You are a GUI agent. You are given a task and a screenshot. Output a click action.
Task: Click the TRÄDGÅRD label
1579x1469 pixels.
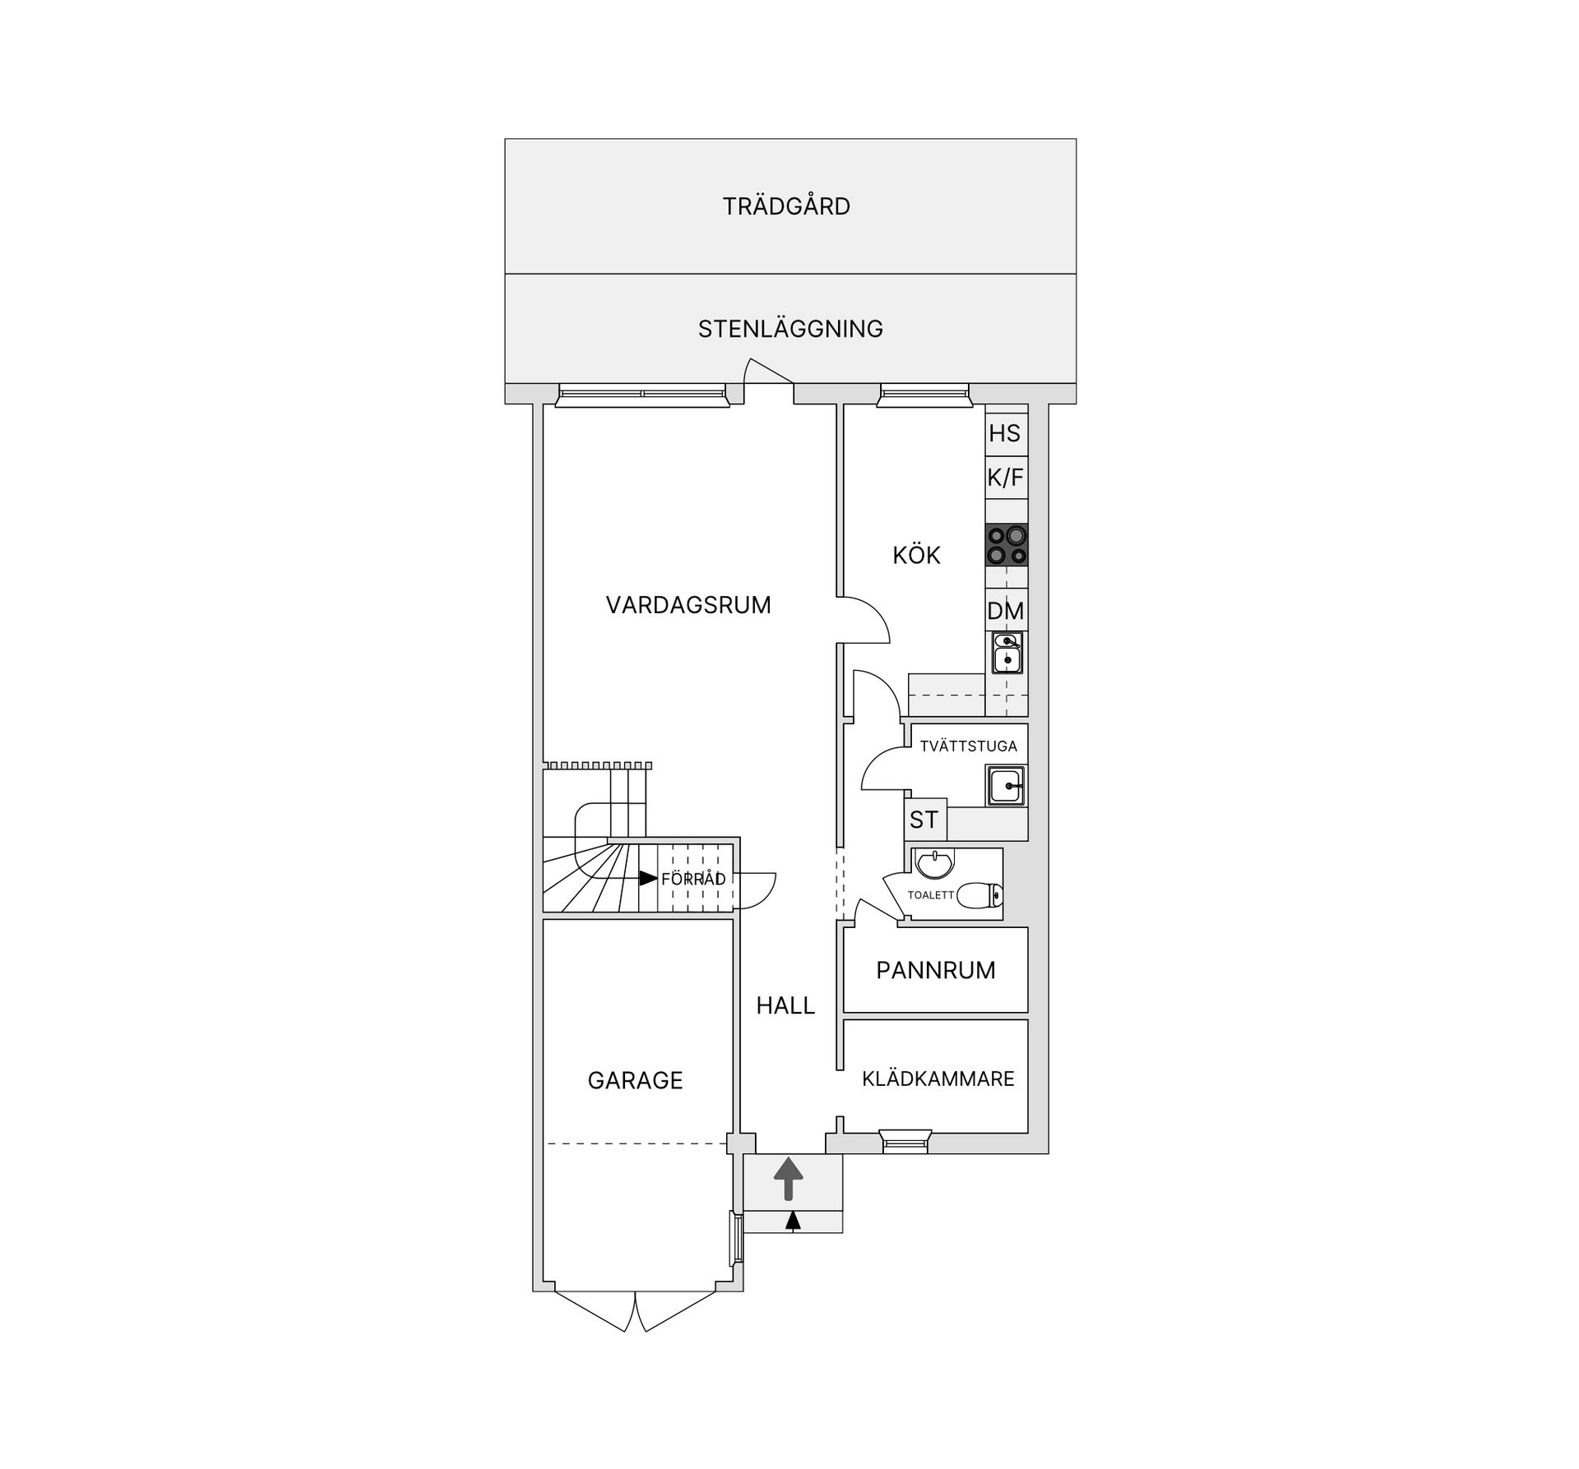tap(786, 206)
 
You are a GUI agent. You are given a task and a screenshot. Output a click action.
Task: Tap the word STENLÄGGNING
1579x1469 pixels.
tap(790, 329)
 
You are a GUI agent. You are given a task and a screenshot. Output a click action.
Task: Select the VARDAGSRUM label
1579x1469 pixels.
tap(688, 605)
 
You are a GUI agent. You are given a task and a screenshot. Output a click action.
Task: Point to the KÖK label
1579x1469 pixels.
tap(916, 555)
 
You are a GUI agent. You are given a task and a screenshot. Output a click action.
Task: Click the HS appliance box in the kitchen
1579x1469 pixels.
tap(1006, 434)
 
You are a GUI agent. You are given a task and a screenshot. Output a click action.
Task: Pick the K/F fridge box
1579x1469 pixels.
tap(1006, 478)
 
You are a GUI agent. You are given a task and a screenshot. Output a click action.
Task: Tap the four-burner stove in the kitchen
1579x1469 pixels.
tap(1007, 545)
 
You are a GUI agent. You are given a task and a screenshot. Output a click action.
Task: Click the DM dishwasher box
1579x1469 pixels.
tap(1006, 611)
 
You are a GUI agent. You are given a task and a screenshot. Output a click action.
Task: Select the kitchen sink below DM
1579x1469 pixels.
tap(1007, 653)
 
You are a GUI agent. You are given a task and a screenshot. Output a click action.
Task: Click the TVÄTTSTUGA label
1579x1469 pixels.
tap(968, 746)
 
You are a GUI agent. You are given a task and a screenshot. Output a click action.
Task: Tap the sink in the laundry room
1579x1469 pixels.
tap(1006, 785)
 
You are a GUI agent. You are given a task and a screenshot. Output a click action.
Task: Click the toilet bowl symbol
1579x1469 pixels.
tap(980, 894)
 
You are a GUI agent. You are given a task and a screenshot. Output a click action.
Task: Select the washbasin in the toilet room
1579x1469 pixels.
tap(933, 863)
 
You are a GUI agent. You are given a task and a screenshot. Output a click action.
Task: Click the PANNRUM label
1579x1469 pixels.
tap(936, 970)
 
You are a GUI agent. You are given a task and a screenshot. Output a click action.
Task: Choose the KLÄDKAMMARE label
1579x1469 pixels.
tap(938, 1079)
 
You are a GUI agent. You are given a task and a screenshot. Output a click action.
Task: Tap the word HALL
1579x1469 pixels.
tap(785, 1005)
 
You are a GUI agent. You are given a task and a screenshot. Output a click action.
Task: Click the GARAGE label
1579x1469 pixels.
tap(635, 1080)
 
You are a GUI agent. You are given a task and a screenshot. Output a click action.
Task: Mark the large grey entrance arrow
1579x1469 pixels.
tap(789, 1179)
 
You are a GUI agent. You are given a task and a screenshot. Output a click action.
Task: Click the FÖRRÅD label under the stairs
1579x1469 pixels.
tap(693, 879)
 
